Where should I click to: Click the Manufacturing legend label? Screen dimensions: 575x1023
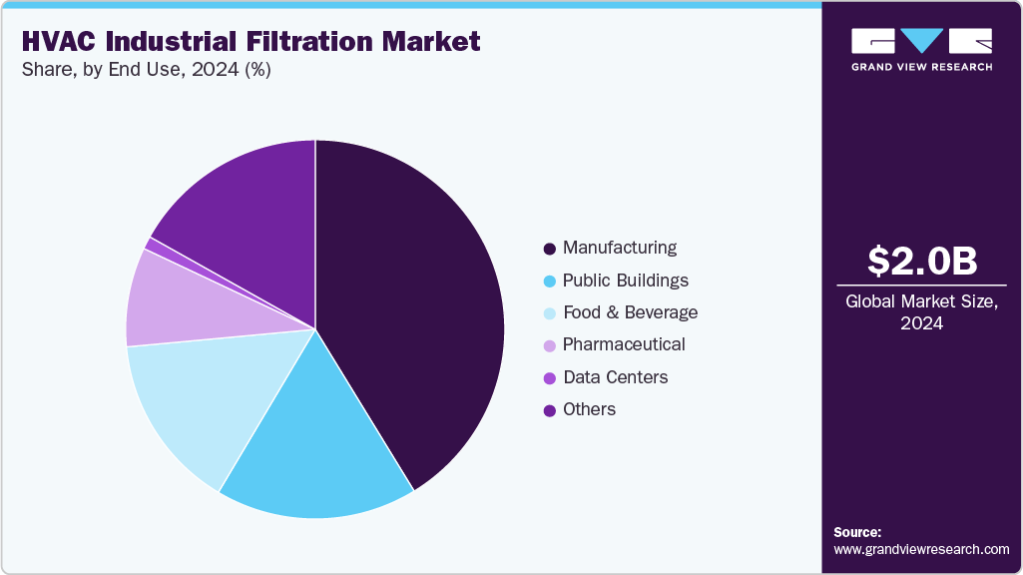[619, 248]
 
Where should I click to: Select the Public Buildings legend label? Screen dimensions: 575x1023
[625, 281]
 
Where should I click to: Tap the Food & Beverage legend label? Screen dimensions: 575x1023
[630, 312]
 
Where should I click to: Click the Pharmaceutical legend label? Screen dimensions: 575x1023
[624, 344]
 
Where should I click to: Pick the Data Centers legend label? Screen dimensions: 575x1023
[615, 377]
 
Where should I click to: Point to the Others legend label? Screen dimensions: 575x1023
[589, 409]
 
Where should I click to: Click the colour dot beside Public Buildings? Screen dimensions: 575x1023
[549, 281]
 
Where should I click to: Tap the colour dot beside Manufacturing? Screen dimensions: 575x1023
[549, 249]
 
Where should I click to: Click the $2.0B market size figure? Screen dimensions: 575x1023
[921, 261]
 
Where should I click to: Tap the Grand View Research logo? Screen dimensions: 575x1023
[921, 49]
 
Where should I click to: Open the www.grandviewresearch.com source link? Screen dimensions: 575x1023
[921, 549]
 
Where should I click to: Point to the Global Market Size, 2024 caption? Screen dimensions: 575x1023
[921, 312]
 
